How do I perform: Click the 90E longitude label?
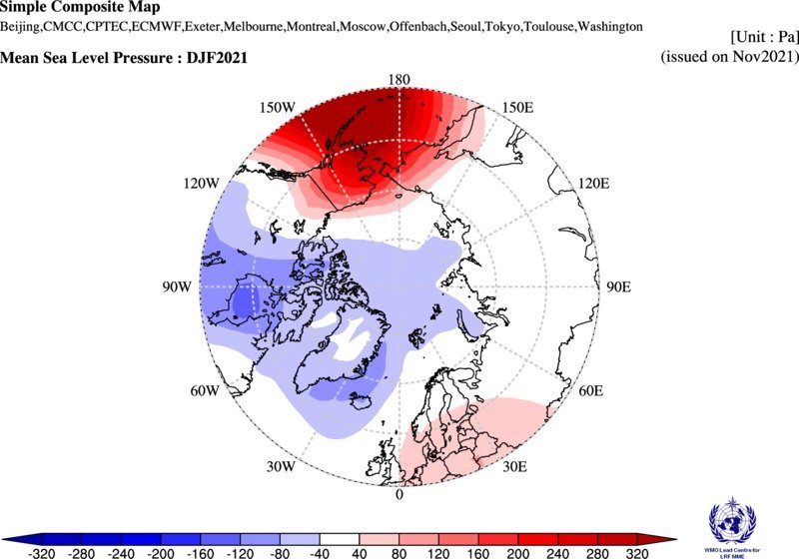point(620,286)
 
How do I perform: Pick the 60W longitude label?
point(204,390)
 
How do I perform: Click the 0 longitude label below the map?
point(399,494)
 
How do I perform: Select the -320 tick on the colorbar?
point(41,551)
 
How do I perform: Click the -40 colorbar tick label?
point(321,551)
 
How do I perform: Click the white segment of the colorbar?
point(340,538)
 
